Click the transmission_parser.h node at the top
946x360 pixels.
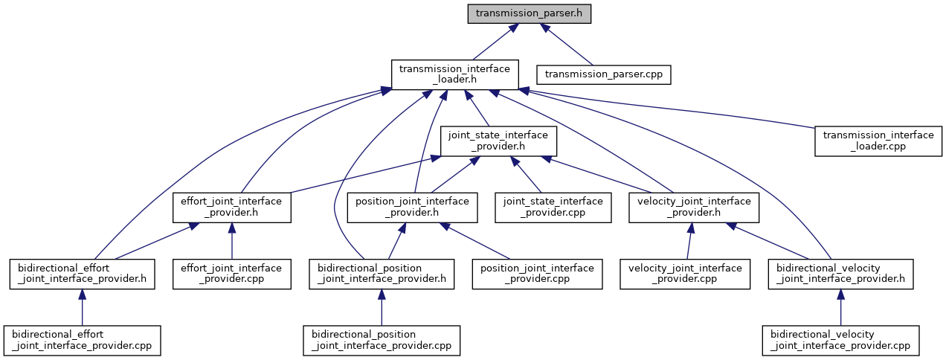[x=529, y=14]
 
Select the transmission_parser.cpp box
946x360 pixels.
[x=604, y=74]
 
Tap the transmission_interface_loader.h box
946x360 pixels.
[x=454, y=75]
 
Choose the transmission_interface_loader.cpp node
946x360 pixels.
[x=877, y=141]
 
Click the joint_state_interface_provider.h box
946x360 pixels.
[x=496, y=141]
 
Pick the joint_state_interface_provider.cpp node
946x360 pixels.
[x=553, y=208]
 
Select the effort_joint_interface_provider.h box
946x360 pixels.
[x=231, y=208]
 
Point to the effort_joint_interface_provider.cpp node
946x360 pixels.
[x=231, y=274]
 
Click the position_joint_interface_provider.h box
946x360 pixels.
[x=412, y=208]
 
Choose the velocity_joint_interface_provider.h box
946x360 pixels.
[x=693, y=208]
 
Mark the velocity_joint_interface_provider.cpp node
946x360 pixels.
[x=685, y=274]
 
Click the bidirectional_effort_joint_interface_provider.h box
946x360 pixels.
[x=82, y=274]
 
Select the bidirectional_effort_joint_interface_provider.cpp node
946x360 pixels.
[x=82, y=340]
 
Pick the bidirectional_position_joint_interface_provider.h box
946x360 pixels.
[x=382, y=274]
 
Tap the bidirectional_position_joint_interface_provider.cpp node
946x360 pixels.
[x=382, y=340]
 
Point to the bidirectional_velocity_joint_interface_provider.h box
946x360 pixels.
[x=840, y=274]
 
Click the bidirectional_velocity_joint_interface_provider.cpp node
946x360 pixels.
[x=840, y=340]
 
